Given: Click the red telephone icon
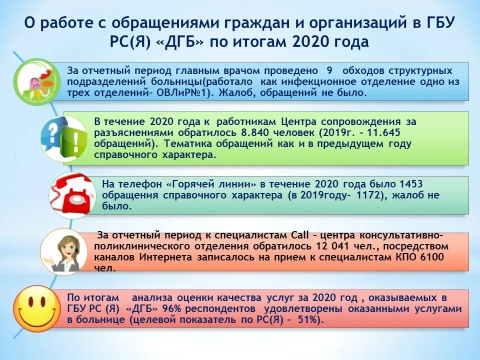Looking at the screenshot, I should tap(73, 195).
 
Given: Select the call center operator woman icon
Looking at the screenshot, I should tap(63, 251).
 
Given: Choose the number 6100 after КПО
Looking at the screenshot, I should tap(430, 257).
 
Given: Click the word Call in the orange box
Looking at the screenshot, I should tap(294, 235).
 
